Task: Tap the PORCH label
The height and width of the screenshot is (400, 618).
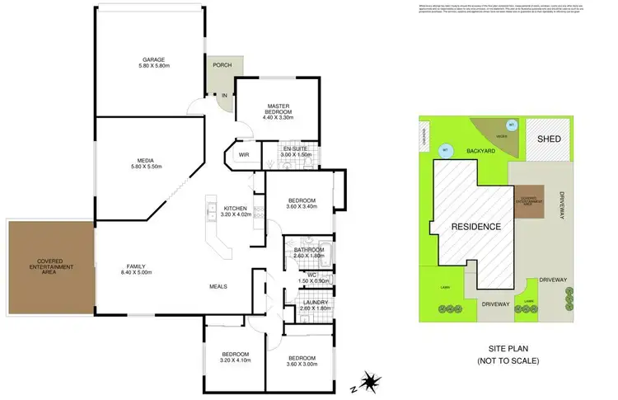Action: pos(222,66)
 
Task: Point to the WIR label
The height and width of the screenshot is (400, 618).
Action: pos(244,154)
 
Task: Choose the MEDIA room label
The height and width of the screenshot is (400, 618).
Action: pos(148,161)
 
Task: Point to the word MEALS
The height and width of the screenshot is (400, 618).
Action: pos(218,286)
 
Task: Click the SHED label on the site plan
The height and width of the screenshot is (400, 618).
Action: pos(549,139)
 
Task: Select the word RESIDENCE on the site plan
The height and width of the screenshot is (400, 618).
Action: pos(476,226)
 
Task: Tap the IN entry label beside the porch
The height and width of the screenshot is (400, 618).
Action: pos(223,96)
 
